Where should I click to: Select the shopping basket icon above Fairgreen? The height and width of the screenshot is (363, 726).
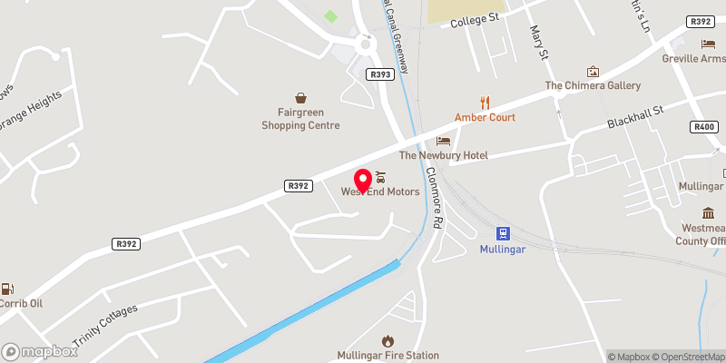(300, 97)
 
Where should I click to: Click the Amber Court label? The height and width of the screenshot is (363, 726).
(485, 118)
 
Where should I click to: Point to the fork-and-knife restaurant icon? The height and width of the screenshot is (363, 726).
(485, 102)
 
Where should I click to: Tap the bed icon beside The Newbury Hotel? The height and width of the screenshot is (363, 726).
(443, 141)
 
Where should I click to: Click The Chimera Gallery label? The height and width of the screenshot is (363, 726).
(592, 85)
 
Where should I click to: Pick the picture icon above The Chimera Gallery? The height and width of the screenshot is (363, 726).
(593, 71)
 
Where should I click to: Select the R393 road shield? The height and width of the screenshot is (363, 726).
(380, 74)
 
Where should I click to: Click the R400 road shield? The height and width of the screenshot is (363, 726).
(704, 126)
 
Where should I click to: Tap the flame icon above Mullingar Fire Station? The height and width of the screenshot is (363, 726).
(388, 340)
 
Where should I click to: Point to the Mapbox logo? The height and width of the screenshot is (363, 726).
(40, 351)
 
